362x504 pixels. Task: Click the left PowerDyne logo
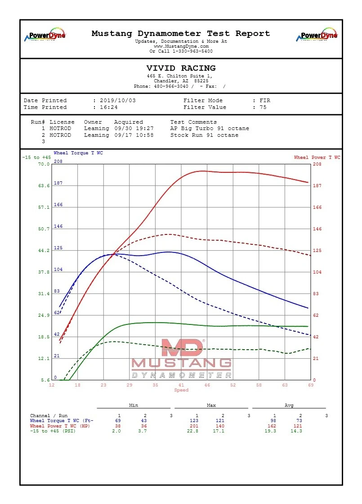(45, 36)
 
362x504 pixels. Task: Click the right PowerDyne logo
(317, 35)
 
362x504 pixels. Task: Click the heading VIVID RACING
(181, 68)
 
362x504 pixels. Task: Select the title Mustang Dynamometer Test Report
(181, 34)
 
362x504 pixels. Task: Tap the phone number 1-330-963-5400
(192, 51)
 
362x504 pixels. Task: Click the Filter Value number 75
(263, 108)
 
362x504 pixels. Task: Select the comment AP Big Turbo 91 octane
(210, 129)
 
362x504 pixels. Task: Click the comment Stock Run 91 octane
(204, 135)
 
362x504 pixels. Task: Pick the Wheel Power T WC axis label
(317, 157)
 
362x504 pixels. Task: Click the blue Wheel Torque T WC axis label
(78, 153)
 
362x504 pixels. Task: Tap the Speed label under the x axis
(181, 390)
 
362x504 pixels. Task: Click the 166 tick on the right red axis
(317, 207)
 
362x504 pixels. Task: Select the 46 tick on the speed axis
(207, 385)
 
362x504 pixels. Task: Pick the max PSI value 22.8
(196, 431)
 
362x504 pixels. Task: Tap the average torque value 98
(275, 421)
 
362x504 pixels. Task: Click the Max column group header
(211, 405)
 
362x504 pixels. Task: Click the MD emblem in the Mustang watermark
(182, 348)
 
